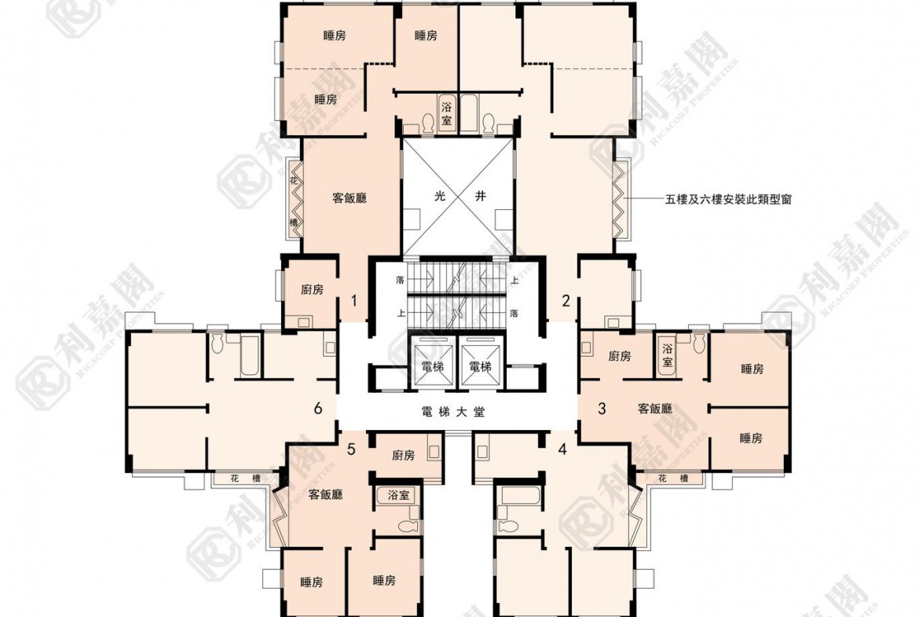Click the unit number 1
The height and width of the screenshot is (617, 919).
[x=354, y=300]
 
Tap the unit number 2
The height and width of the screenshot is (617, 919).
[x=566, y=300]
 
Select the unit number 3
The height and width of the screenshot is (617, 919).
[x=602, y=408]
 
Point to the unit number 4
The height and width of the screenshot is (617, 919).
[x=562, y=450]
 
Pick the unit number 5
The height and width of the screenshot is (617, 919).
[x=351, y=449]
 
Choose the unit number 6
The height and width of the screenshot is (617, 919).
[x=317, y=408]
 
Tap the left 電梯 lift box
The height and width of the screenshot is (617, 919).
[x=432, y=366]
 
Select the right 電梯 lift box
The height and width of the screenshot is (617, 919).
[x=479, y=366]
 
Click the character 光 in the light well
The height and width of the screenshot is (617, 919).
[x=441, y=197]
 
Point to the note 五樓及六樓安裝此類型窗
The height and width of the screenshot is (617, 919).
[x=728, y=199]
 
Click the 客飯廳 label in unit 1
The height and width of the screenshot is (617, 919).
[x=350, y=198]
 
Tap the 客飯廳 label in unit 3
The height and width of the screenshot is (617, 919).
[x=654, y=409]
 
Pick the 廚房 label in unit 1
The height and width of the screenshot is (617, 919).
[x=312, y=290]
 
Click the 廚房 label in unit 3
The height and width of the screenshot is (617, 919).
[x=620, y=356]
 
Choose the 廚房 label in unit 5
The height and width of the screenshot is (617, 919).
[x=403, y=455]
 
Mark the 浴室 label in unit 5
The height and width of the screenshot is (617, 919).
[x=398, y=495]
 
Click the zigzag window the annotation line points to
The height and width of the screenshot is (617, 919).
[x=621, y=199]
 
